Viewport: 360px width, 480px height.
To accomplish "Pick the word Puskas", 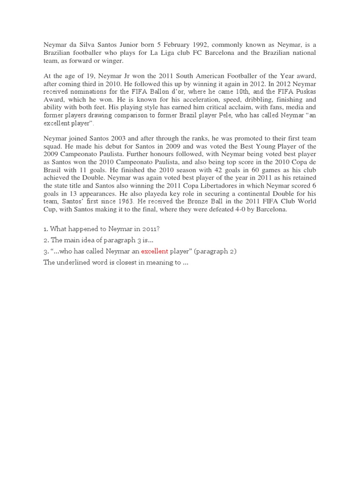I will [x=305, y=92].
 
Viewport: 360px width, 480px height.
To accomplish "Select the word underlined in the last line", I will [x=76, y=263].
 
